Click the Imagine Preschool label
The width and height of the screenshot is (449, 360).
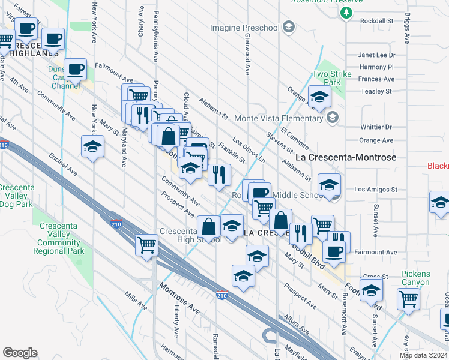click(245, 28)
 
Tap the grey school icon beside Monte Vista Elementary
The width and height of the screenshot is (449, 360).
click(332, 118)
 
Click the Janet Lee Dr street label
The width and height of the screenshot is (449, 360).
click(375, 55)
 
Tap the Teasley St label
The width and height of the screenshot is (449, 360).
click(376, 91)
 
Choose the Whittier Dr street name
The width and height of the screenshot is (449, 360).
click(376, 127)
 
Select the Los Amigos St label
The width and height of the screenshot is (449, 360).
click(376, 189)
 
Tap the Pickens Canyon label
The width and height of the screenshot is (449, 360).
click(415, 278)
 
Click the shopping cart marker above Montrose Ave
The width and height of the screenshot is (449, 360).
click(146, 245)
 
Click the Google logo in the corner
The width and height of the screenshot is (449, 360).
click(20, 353)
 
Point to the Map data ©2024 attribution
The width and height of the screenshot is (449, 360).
click(423, 355)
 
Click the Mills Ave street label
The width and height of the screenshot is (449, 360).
click(135, 303)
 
